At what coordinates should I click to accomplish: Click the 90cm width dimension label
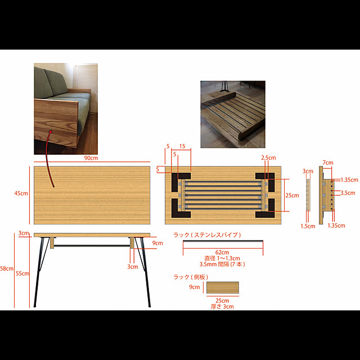[x=91, y=158]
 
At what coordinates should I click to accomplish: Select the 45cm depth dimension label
[x=21, y=193]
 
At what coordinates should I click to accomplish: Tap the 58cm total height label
[x=7, y=268]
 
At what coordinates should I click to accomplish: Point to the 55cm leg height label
[x=22, y=273]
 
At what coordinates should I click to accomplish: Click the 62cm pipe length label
[x=222, y=253]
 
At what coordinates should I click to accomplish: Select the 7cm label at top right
[x=328, y=163]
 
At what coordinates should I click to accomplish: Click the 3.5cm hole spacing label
[x=348, y=193]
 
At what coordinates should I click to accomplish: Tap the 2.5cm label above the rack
[x=268, y=157]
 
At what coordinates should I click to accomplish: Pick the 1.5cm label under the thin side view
[x=308, y=226]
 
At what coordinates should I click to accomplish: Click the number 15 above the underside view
[x=182, y=146]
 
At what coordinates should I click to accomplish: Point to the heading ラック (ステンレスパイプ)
[x=208, y=235]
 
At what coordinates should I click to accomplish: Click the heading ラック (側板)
[x=191, y=277]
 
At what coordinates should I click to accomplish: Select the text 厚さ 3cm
[x=222, y=307]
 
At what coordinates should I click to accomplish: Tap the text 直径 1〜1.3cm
[x=222, y=258]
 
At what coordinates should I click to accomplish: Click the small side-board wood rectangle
[x=223, y=287]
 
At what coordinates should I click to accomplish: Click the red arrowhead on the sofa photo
[x=50, y=132]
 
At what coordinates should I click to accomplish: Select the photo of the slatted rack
[x=233, y=114]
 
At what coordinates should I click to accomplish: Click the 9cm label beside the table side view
[x=157, y=243]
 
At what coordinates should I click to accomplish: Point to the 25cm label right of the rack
[x=292, y=195]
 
